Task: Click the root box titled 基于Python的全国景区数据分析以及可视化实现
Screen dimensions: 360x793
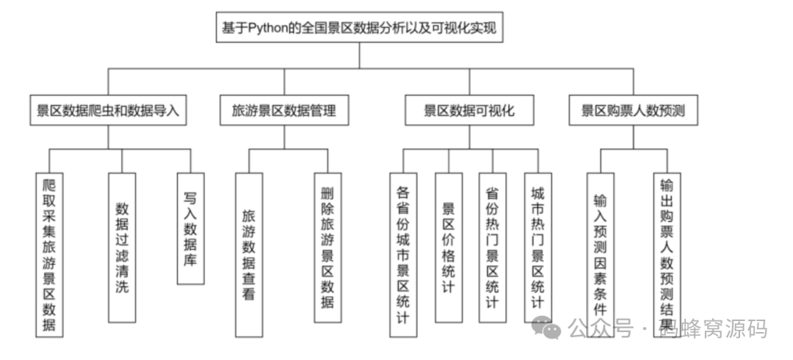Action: pyautogui.click(x=360, y=29)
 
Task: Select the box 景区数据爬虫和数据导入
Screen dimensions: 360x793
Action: pyautogui.click(x=108, y=111)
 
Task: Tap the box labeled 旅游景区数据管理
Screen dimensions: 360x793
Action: pyautogui.click(x=284, y=111)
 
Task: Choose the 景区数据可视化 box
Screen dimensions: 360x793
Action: pyautogui.click(x=469, y=111)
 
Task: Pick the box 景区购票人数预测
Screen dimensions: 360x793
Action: pyautogui.click(x=633, y=111)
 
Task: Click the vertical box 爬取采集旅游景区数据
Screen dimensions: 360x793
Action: pyautogui.click(x=49, y=254)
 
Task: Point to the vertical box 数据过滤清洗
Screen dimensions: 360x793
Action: pyautogui.click(x=122, y=247)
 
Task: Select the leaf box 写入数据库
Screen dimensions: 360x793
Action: pyautogui.click(x=191, y=228)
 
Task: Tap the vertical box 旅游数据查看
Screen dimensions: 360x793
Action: pyautogui.click(x=249, y=247)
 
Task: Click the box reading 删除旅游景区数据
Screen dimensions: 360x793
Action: pyautogui.click(x=327, y=247)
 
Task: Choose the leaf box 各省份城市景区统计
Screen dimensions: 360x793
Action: pyautogui.click(x=403, y=254)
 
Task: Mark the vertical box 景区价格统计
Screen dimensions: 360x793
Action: pyautogui.click(x=449, y=247)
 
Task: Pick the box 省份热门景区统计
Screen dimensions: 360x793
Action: pyautogui.click(x=493, y=247)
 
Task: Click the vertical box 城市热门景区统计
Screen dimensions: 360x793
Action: pyautogui.click(x=537, y=247)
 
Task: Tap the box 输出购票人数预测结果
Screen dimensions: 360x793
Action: pyautogui.click(x=667, y=254)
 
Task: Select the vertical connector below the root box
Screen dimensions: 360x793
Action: pyautogui.click(x=360, y=55)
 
